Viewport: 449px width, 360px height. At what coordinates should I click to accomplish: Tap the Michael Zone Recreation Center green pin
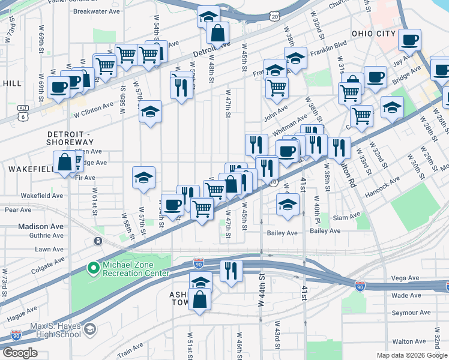[93, 268]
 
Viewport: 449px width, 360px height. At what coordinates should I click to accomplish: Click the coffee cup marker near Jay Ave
[410, 40]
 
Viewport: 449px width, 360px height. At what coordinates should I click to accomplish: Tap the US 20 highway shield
[274, 16]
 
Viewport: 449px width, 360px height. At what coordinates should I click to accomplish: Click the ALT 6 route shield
[23, 109]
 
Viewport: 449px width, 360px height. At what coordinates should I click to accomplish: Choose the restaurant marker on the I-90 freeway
[230, 271]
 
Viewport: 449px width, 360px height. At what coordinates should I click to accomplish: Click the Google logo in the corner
[20, 353]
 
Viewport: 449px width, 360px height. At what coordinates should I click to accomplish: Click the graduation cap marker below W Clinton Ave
[150, 112]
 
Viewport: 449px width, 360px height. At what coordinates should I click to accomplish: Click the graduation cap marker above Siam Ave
[288, 205]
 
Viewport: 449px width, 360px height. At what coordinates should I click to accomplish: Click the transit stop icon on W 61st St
[98, 241]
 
